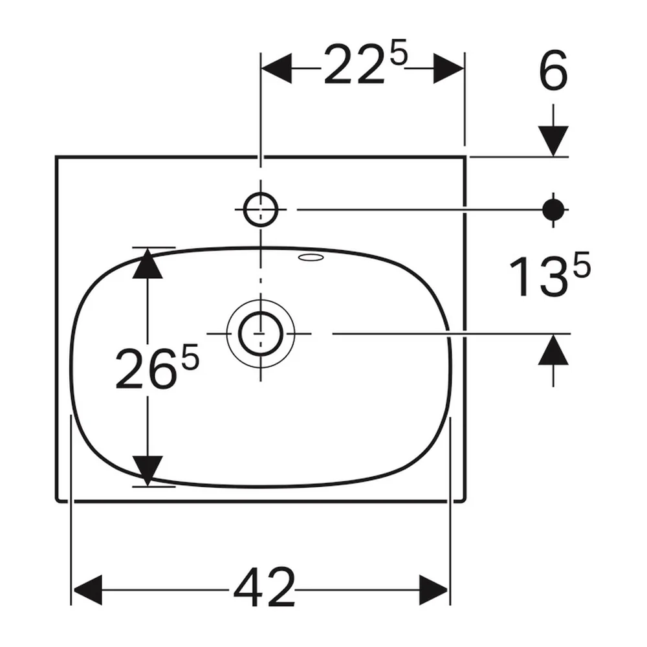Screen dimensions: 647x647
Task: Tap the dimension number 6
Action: (553, 71)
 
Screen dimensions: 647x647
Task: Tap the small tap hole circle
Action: (260, 209)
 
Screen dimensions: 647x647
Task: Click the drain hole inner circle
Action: (260, 333)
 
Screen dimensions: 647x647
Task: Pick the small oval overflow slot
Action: (313, 258)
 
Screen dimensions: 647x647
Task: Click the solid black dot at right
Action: (553, 210)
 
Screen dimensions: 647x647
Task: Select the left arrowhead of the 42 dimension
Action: (87, 590)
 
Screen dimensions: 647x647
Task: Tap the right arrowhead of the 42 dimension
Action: (433, 590)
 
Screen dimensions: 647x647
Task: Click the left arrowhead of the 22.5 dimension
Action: (277, 68)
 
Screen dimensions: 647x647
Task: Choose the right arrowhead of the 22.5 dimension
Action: (448, 68)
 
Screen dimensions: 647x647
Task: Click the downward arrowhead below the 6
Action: (553, 141)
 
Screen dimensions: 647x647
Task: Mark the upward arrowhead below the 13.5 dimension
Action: (553, 349)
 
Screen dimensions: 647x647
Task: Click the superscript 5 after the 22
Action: (399, 52)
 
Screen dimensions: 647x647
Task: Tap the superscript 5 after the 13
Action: (582, 265)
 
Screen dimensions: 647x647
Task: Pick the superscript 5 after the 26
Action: (191, 357)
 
